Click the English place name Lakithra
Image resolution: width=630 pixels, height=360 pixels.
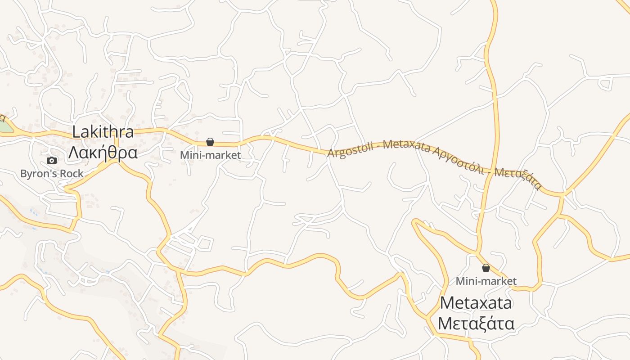[103, 132]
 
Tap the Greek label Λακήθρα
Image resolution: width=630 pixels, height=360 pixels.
[103, 153]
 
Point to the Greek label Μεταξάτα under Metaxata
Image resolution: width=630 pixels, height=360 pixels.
[476, 324]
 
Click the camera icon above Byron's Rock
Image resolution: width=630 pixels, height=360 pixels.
[52, 160]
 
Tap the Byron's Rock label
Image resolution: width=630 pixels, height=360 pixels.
[52, 173]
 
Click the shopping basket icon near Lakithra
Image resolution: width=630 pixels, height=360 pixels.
[210, 142]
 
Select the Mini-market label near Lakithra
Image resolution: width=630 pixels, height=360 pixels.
[210, 155]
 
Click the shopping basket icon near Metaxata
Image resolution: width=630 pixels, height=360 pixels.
[486, 268]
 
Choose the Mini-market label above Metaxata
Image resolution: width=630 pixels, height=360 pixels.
[486, 281]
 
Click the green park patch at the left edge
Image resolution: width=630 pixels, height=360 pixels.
[4, 126]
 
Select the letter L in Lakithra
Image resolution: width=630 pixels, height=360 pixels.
[76, 132]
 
